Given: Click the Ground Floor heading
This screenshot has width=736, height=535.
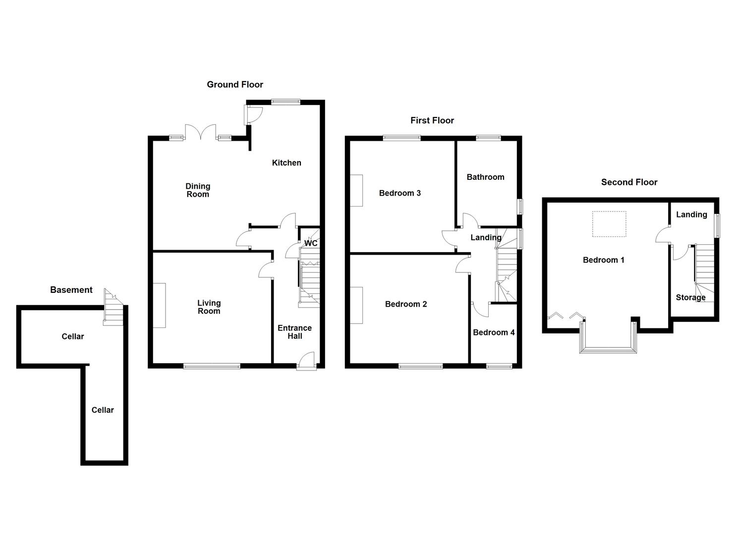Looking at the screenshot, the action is [x=235, y=84].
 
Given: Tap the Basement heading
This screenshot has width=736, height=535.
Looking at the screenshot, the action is [x=71, y=290].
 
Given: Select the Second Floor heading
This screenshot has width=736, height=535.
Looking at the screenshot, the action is [x=629, y=182].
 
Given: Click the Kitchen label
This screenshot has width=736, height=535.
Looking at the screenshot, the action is [x=286, y=162].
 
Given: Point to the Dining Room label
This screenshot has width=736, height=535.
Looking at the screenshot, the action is [x=198, y=190].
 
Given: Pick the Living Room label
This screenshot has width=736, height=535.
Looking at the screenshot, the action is [x=209, y=307].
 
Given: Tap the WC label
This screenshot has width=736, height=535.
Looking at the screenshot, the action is [x=311, y=243].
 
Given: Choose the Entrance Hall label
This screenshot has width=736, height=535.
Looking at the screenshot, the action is [x=295, y=332].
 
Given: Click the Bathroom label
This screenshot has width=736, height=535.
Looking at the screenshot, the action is [x=485, y=177].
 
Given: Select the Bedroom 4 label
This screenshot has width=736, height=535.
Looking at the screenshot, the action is [x=494, y=332].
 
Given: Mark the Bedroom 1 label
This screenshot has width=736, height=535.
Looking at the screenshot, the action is [x=603, y=260].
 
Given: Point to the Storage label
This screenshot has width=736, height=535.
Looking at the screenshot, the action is [x=691, y=298].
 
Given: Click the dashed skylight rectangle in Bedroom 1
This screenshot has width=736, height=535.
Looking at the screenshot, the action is [x=609, y=224].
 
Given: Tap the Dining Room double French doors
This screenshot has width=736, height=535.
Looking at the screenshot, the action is [x=201, y=132].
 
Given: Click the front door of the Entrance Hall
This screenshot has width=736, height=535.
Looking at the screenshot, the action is [x=307, y=361].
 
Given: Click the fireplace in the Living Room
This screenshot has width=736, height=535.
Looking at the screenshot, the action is [x=160, y=306].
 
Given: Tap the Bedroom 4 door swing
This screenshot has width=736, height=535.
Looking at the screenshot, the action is [x=480, y=310].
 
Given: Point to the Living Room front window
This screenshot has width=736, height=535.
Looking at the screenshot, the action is [x=212, y=366].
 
